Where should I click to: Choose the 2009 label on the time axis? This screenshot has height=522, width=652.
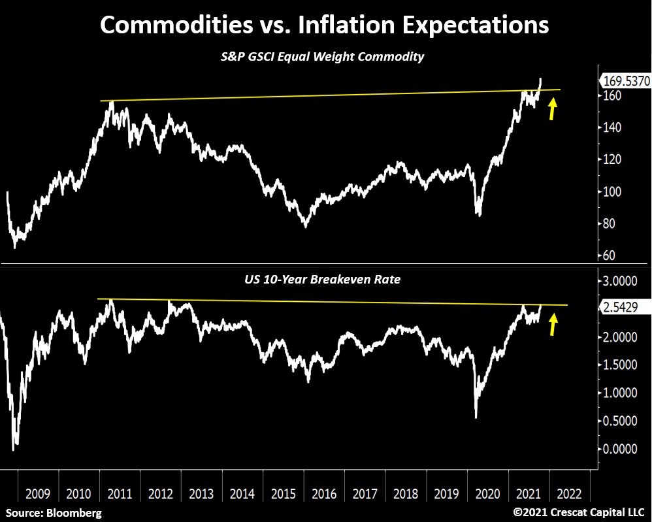click(x=39, y=493)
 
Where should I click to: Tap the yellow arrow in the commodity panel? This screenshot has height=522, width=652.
click(x=553, y=109)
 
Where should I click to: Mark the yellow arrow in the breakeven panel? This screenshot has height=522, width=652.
click(x=553, y=324)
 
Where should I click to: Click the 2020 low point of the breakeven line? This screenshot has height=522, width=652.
click(x=476, y=417)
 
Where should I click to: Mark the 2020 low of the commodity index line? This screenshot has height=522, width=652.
click(x=479, y=216)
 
